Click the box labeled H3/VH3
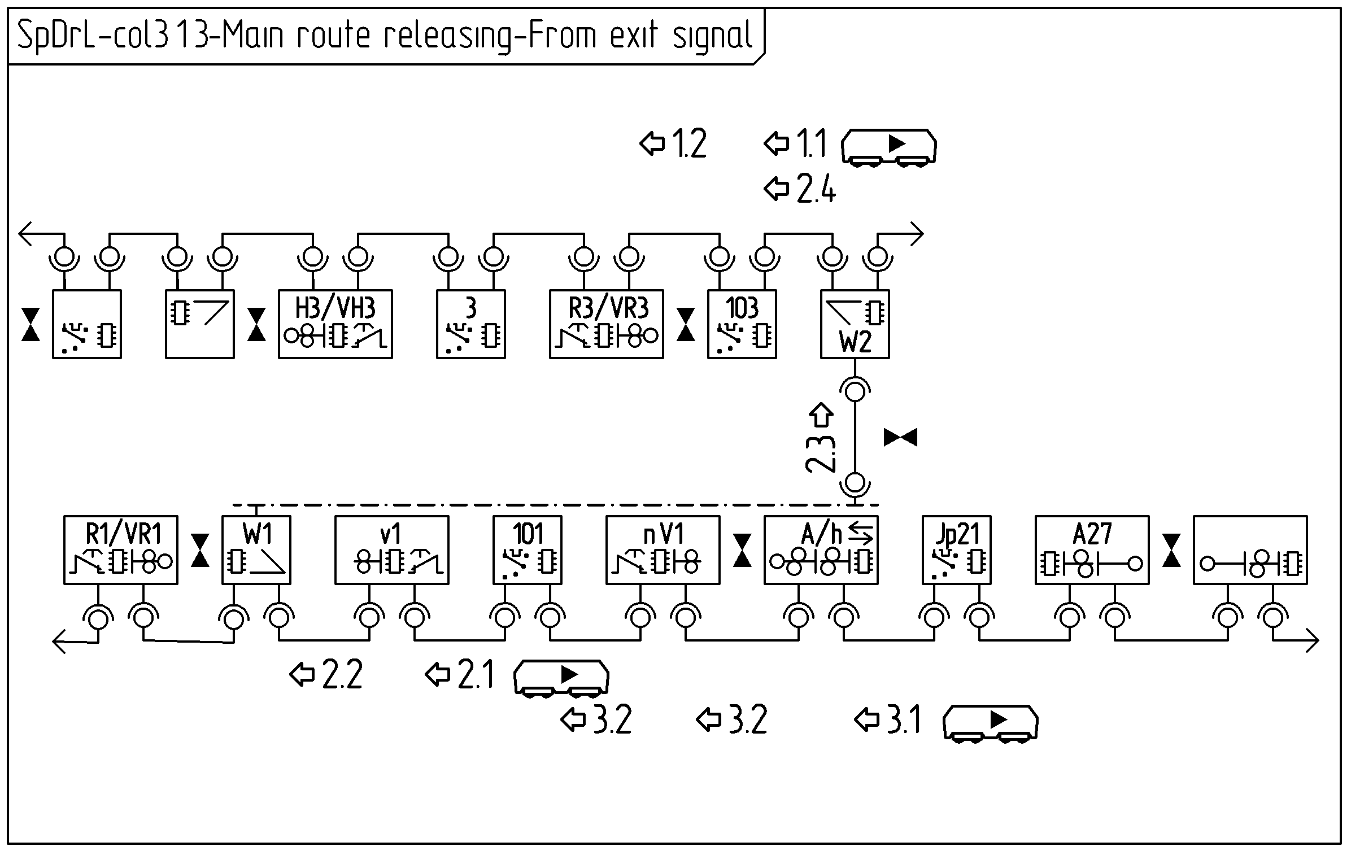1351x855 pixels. [335, 324]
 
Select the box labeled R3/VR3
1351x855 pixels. [606, 324]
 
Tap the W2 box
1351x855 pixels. [855, 324]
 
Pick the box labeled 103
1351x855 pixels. [742, 324]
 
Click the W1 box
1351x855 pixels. [256, 549]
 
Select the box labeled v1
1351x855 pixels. [391, 549]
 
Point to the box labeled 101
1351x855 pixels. [527, 549]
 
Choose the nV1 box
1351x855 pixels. [663, 549]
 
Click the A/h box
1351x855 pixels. [821, 549]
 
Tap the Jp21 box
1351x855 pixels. [956, 549]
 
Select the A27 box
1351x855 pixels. [1092, 549]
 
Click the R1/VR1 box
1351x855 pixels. [120, 549]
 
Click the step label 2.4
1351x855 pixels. [815, 189]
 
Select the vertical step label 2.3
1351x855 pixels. [821, 453]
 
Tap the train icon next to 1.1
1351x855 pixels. [888, 147]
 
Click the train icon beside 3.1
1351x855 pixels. [990, 722]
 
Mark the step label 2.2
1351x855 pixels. [341, 675]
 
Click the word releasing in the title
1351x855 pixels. [446, 36]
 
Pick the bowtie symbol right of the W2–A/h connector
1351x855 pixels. [900, 438]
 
